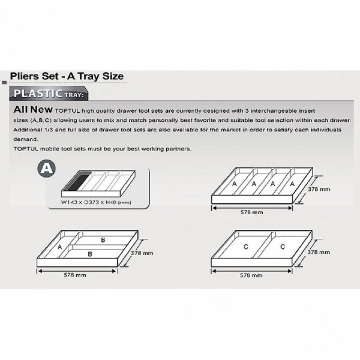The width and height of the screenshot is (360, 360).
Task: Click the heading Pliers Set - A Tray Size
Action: coord(67,76)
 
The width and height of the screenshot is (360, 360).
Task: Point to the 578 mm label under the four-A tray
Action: coord(252,212)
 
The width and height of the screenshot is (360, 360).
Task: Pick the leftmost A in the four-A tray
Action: coord(234,184)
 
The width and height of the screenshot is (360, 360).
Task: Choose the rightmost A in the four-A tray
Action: coord(292,184)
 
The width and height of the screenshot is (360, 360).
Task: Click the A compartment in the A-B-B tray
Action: coord(60,247)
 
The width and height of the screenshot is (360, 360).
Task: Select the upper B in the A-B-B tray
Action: coord(103,240)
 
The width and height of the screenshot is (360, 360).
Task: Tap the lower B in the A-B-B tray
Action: coord(90,254)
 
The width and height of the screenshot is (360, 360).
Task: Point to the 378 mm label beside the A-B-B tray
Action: coord(142,253)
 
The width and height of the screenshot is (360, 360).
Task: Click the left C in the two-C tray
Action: coord(246,247)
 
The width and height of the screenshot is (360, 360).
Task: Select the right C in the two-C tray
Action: coord(283,247)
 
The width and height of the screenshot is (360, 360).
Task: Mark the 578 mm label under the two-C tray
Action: coord(252,275)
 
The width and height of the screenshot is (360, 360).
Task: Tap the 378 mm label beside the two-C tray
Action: coord(319,252)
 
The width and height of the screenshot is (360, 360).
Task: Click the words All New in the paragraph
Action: coord(33,109)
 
